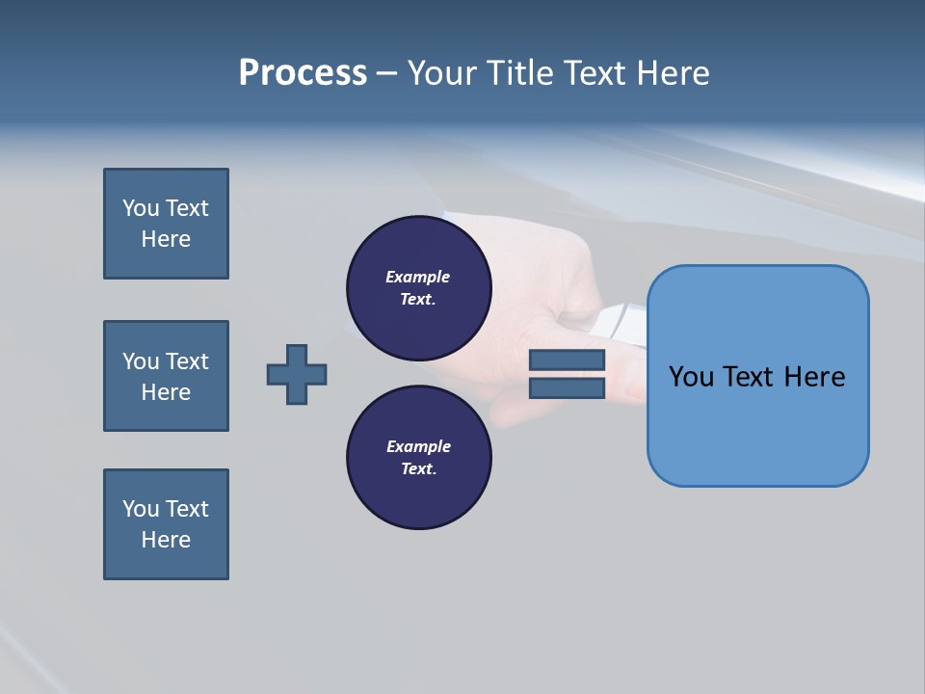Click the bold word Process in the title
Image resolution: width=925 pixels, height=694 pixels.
[303, 73]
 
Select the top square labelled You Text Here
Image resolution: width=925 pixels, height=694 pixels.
[166, 224]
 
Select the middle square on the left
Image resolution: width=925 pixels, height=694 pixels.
[166, 376]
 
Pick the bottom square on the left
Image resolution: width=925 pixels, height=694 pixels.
[166, 524]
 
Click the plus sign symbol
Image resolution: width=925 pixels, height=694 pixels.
[297, 374]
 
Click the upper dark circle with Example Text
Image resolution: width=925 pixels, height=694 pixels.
[418, 287]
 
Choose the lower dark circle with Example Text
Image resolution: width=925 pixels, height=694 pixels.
[418, 457]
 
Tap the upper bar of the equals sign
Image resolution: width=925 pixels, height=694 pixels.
[567, 360]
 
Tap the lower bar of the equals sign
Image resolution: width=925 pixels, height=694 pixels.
[567, 388]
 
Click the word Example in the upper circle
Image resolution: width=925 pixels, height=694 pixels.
[417, 277]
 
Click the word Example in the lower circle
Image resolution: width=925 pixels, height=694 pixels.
[417, 446]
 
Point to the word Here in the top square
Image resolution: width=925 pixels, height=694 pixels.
[166, 239]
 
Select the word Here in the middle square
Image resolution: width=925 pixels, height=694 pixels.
[166, 392]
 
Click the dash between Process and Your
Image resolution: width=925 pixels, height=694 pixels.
[386, 73]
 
